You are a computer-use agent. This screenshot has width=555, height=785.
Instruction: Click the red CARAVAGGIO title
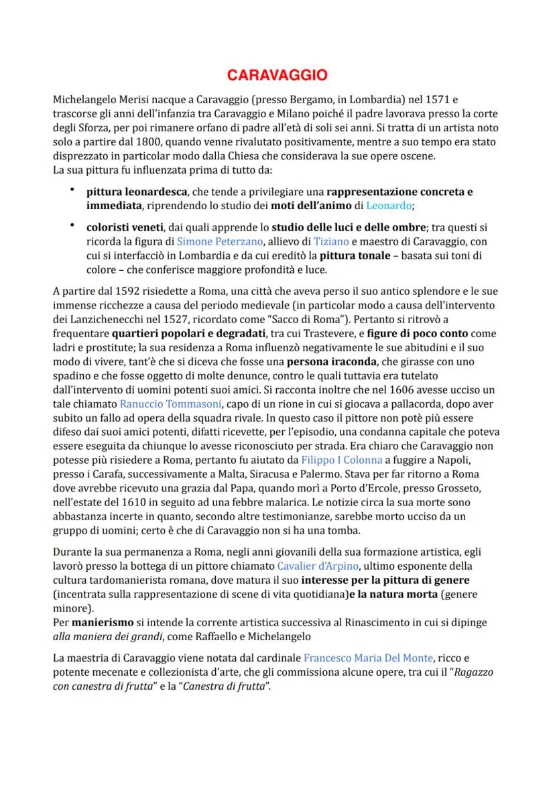click(x=277, y=74)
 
